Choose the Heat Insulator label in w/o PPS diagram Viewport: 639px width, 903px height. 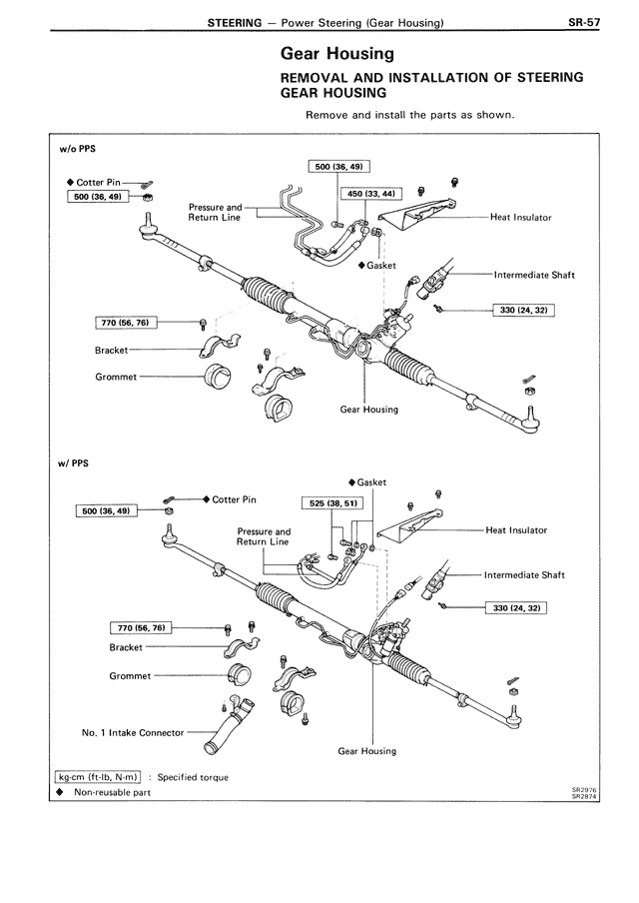[x=520, y=217]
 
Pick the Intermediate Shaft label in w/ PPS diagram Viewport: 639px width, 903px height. [x=524, y=575]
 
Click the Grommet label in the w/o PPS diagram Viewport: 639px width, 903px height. [x=116, y=378]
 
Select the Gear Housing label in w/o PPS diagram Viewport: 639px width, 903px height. [x=368, y=410]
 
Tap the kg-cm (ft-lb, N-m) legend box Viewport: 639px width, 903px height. [x=98, y=776]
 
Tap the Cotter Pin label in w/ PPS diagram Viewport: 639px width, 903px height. [x=234, y=499]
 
